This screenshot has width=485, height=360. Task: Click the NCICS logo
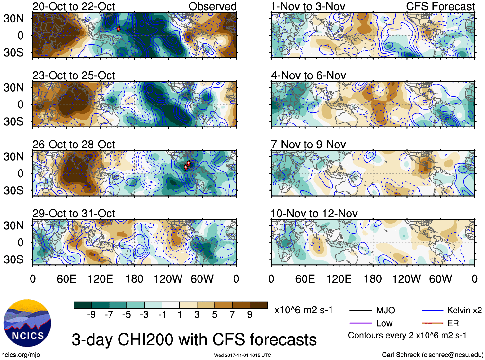pos(27,323)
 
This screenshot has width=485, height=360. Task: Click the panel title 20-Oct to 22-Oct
pos(74,6)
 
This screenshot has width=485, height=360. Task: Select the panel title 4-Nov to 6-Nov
pos(308,75)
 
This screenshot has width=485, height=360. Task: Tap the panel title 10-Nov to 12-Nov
pos(314,214)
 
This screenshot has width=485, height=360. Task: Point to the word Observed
pos(212,6)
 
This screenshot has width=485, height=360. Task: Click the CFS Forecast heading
pos(440,6)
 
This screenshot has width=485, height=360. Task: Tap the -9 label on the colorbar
pos(91,315)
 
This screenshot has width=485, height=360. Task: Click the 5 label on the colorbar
pos(215,315)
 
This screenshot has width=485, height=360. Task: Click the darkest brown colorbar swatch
pos(259,305)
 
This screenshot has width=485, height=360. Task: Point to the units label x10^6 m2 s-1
pos(303,310)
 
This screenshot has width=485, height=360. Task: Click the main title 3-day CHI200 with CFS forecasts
pos(194,339)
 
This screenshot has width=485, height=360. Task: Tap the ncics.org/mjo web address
pos(21,355)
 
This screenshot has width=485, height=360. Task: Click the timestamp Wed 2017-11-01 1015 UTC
pos(242,355)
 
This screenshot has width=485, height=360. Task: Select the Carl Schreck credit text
pos(432,355)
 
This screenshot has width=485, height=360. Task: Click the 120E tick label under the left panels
pos(100,279)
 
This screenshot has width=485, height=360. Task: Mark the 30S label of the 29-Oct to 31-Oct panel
pos(13,259)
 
